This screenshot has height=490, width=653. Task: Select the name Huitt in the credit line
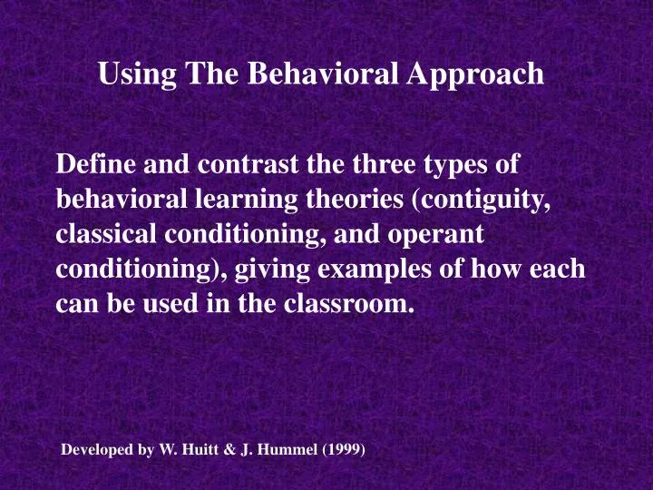click(x=197, y=449)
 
